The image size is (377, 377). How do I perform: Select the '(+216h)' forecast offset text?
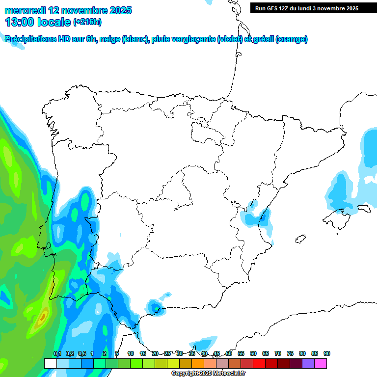pyautogui.click(x=87, y=22)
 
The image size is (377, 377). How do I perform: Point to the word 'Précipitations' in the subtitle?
pyautogui.click(x=33, y=39)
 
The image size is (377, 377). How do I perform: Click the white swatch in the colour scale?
pyautogui.click(x=50, y=364)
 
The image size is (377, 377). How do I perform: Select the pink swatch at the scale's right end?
pyautogui.click(x=321, y=364)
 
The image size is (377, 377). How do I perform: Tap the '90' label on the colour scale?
pyautogui.click(x=326, y=353)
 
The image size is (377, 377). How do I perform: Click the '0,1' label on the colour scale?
pyautogui.click(x=57, y=353)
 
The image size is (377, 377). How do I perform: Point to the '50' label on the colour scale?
pyautogui.click(x=229, y=353)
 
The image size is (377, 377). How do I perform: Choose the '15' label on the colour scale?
pyautogui.click(x=143, y=353)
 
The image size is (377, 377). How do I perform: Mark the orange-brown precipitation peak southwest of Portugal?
pyautogui.click(x=42, y=317)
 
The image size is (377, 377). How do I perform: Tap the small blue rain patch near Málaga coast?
pyautogui.click(x=156, y=308)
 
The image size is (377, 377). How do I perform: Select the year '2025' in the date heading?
pyautogui.click(x=117, y=10)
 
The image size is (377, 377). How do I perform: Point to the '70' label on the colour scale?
pyautogui.click(x=278, y=353)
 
